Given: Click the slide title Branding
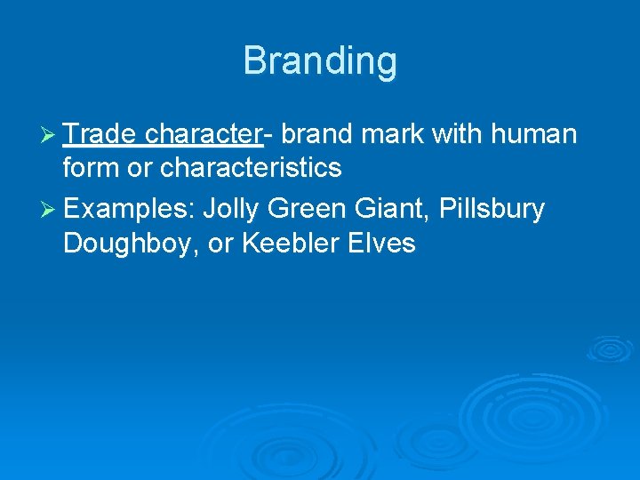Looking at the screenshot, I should coord(320,61).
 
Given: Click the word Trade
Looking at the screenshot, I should coord(100,134).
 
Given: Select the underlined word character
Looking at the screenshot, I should coord(202,134).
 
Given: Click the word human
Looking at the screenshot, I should coord(536,134).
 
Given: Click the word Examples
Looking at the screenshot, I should coord(128,210).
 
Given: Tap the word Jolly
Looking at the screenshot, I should coord(231,210).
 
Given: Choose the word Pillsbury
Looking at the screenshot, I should coord(492,210).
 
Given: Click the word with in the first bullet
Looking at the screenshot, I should coord(458,134).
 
